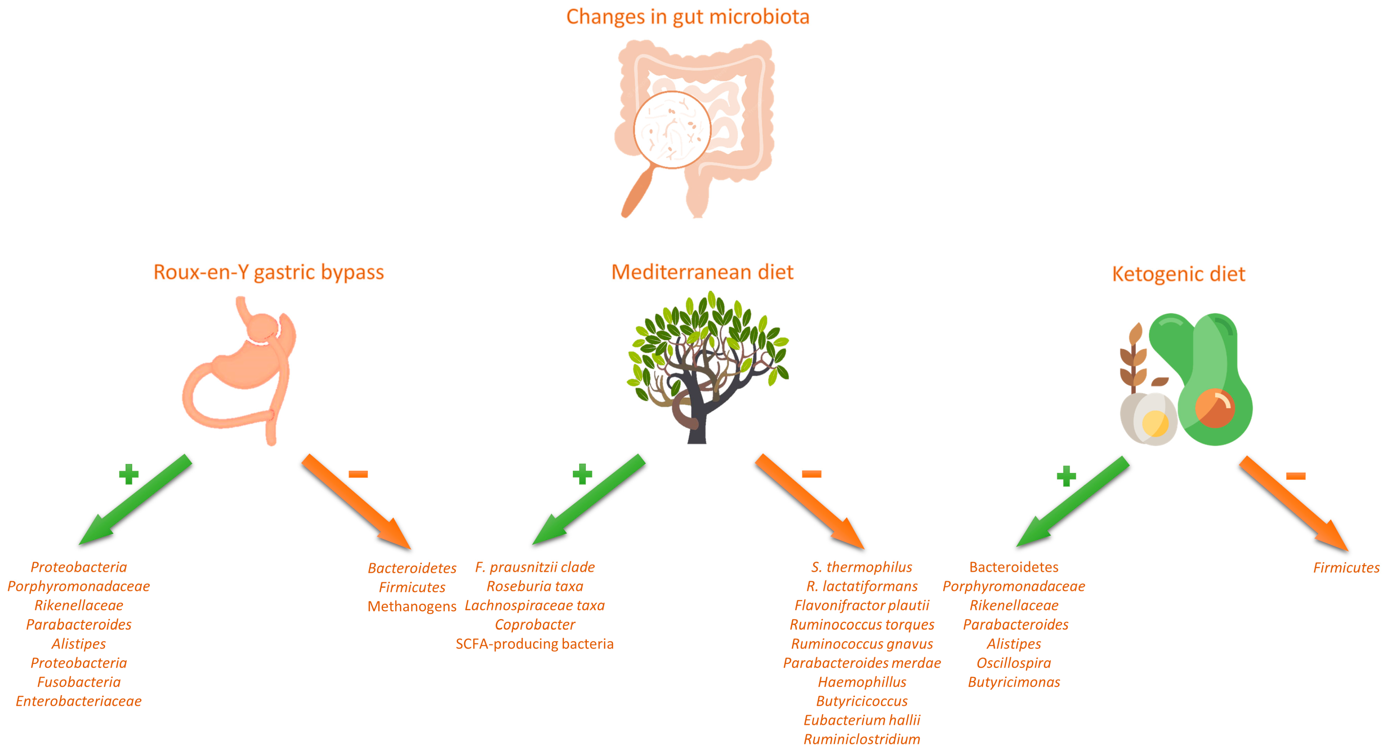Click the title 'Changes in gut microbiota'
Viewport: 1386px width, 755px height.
[x=688, y=17]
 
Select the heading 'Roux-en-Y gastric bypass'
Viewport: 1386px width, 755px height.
[x=268, y=272]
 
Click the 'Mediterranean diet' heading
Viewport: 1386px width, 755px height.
[x=702, y=272]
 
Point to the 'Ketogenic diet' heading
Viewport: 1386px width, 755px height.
[x=1178, y=274]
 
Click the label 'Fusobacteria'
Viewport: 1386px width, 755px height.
[x=79, y=682]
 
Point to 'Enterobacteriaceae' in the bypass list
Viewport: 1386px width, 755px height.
[x=79, y=701]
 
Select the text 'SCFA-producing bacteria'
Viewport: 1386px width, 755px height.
[x=534, y=644]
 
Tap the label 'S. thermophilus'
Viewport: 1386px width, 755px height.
[x=861, y=567]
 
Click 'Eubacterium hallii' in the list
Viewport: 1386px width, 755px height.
[x=861, y=720]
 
